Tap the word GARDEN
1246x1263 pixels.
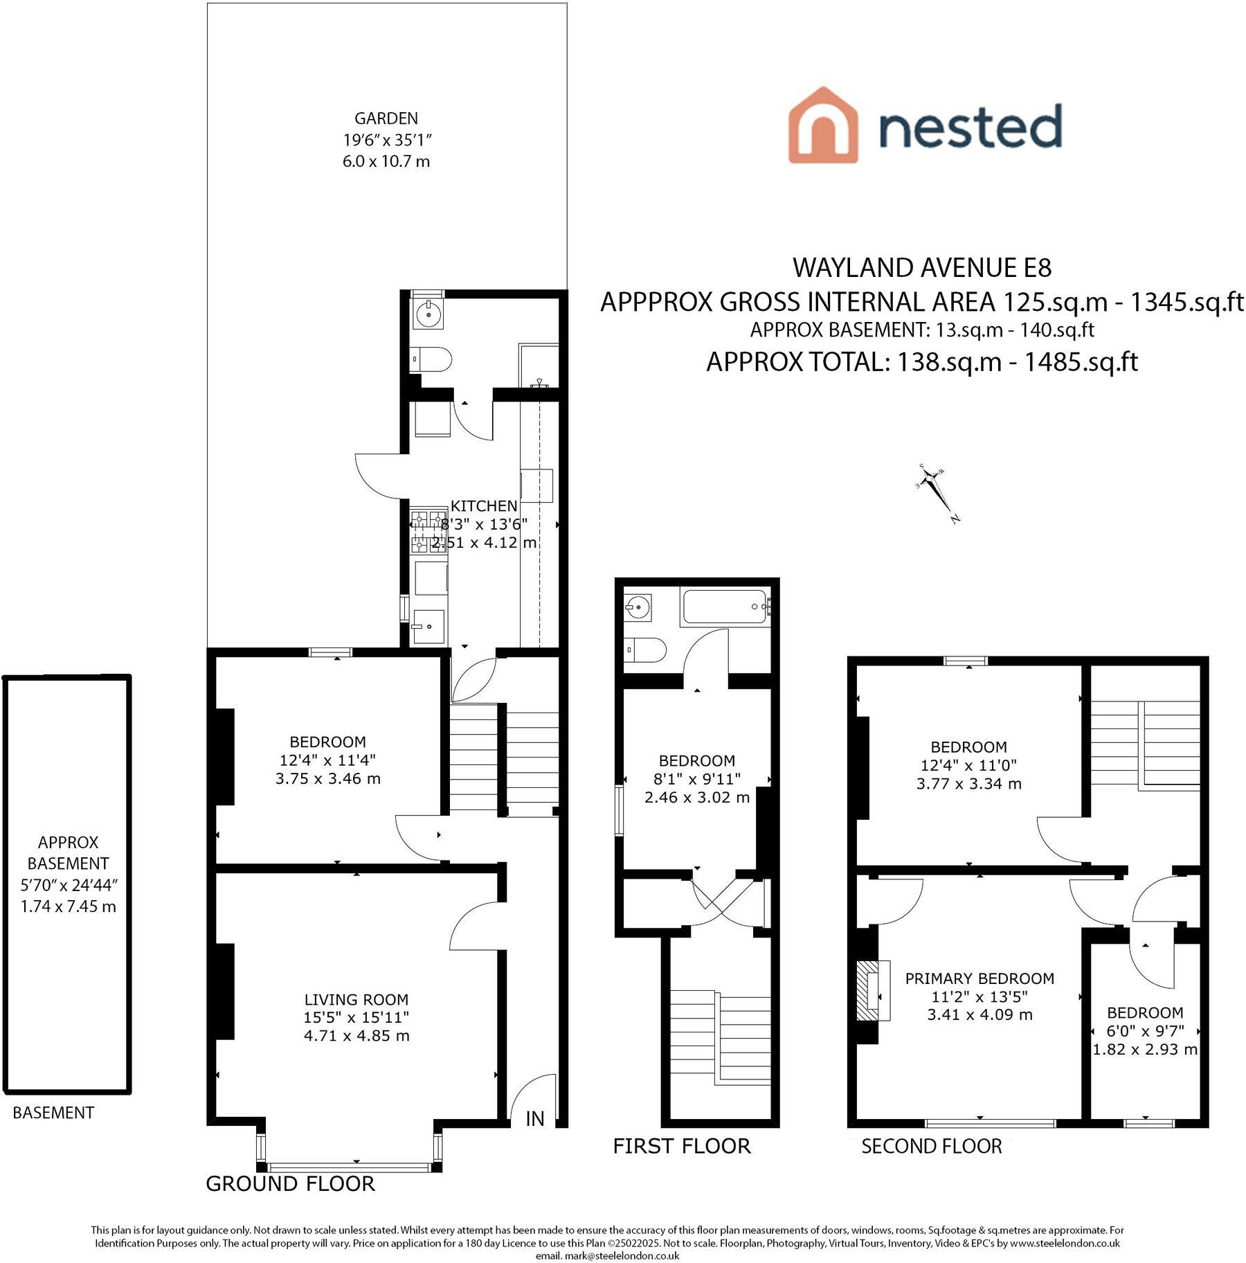[386, 118]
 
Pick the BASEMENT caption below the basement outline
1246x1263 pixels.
[53, 1113]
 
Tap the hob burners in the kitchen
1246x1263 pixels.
[429, 532]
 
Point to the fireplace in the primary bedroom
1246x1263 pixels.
[874, 991]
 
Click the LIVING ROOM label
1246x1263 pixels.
[356, 999]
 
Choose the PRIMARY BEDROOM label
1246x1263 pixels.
[979, 978]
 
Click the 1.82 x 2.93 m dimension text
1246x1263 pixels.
[1145, 1049]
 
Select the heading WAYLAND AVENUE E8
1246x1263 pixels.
[922, 267]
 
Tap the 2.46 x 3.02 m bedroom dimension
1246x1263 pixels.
[697, 797]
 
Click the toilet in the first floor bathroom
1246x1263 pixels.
[645, 650]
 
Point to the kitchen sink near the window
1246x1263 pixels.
[428, 626]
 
